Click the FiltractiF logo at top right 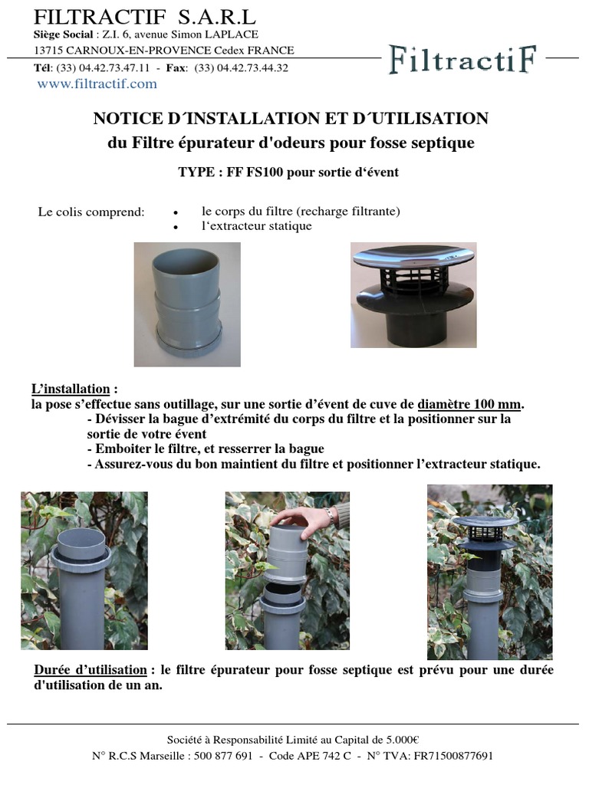coord(462,59)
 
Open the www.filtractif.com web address coord(97,84)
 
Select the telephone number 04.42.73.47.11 coord(114,67)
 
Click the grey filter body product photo coord(187,304)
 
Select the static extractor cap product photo coord(413,295)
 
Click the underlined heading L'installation coord(71,389)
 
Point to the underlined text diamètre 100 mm coord(469,404)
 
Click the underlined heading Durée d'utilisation coord(90,670)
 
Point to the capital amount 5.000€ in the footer coord(403,740)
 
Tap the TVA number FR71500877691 coord(453,755)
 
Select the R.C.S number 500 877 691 coord(223,755)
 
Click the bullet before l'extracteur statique coord(176,227)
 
